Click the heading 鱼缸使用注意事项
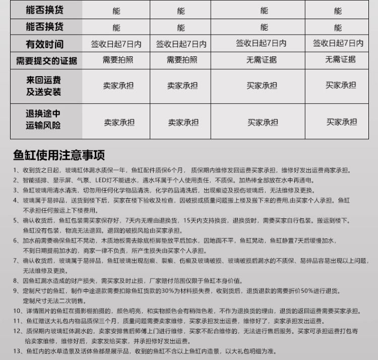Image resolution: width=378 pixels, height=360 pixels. [59, 154]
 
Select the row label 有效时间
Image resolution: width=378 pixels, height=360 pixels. [45, 44]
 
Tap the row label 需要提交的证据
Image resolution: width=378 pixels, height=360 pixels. [46, 61]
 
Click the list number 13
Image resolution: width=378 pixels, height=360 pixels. [17, 351]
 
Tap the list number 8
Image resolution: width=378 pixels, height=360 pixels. [15, 280]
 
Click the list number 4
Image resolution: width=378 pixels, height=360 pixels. [15, 200]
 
